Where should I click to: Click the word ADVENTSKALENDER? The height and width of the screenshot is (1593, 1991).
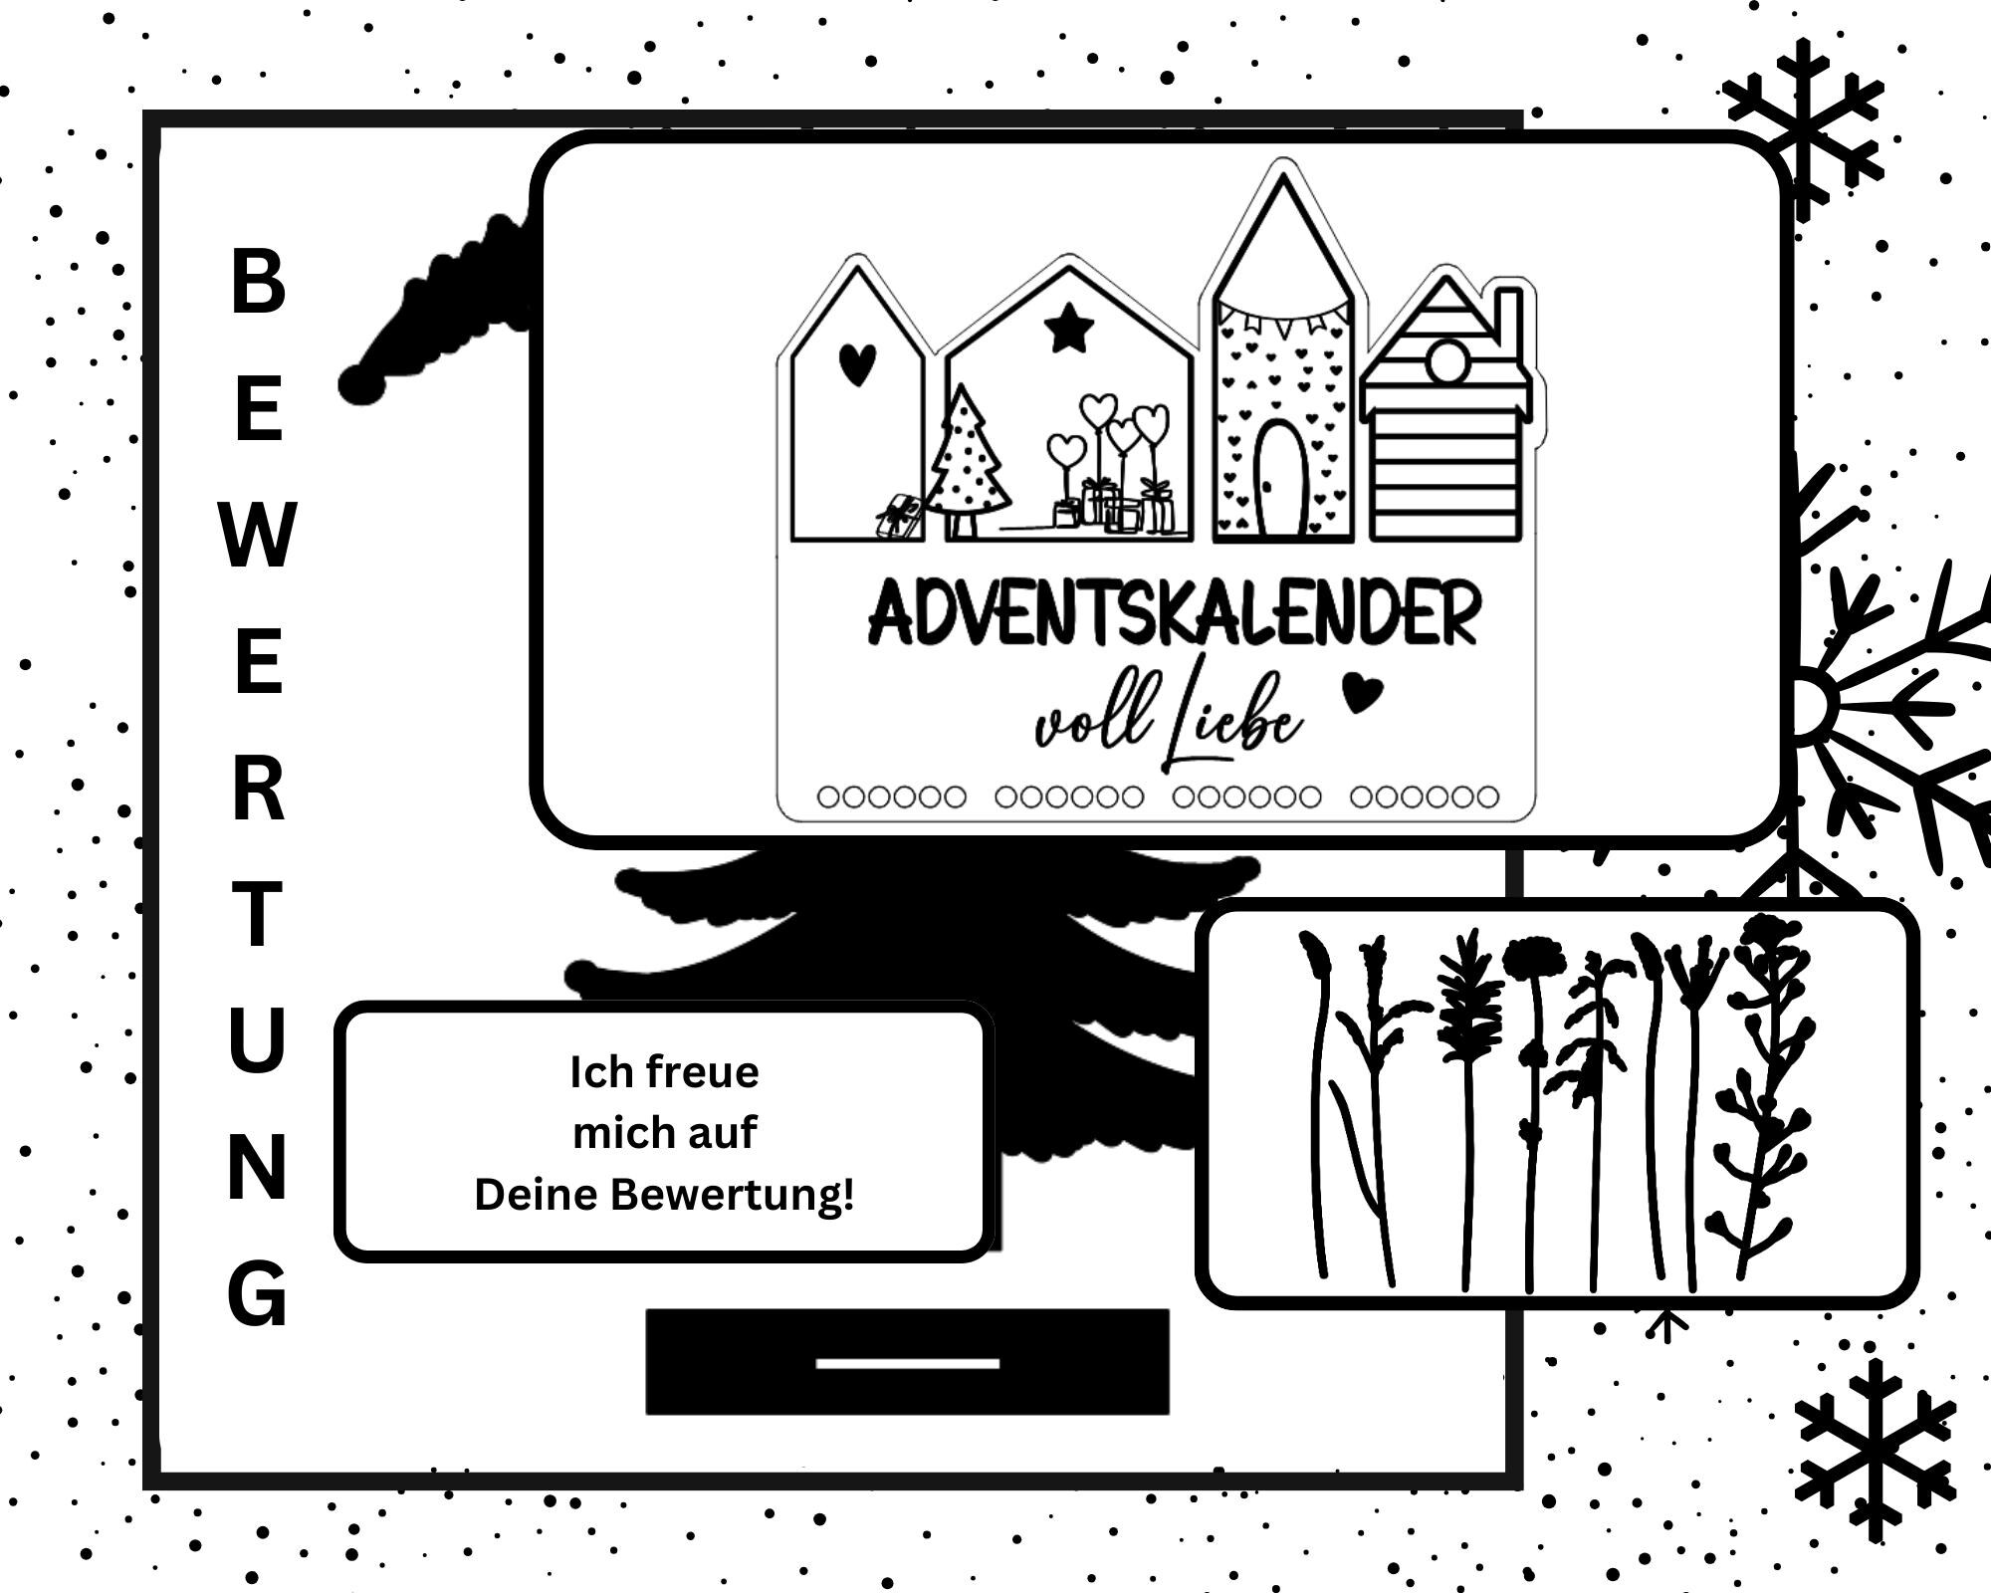1175,614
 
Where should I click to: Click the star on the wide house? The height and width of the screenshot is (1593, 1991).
1070,330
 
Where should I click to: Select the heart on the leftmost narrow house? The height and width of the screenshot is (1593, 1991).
857,364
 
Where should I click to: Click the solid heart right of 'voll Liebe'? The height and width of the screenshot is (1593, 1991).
1362,693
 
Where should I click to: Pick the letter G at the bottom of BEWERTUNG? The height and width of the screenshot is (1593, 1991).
258,1293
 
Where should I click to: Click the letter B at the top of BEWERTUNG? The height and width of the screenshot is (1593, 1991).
258,281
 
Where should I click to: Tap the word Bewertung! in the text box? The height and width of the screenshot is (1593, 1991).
733,1195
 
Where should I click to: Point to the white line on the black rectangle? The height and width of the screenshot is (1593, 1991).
907,1363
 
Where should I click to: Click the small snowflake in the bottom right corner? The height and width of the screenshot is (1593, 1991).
1876,1449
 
